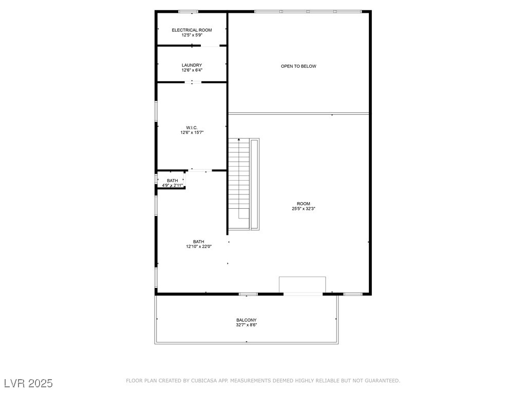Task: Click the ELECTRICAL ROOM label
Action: click(x=192, y=30)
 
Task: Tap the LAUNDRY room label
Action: click(x=192, y=65)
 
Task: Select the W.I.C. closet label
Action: click(x=192, y=127)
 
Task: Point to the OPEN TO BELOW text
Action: click(x=298, y=66)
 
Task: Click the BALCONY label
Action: click(x=247, y=320)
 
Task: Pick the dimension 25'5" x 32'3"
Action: click(x=304, y=209)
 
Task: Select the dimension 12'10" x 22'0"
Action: click(x=199, y=247)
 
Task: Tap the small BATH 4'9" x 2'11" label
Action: click(x=172, y=181)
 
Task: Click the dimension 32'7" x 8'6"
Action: click(x=247, y=325)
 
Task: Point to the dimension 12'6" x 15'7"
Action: click(x=192, y=132)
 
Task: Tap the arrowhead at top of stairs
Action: click(x=239, y=140)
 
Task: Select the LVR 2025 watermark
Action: click(x=28, y=383)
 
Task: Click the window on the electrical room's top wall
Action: click(x=188, y=11)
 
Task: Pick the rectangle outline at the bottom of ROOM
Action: click(x=302, y=285)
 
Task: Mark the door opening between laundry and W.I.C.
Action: click(x=193, y=82)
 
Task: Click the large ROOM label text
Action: click(x=304, y=204)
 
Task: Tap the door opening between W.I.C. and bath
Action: click(x=200, y=170)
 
